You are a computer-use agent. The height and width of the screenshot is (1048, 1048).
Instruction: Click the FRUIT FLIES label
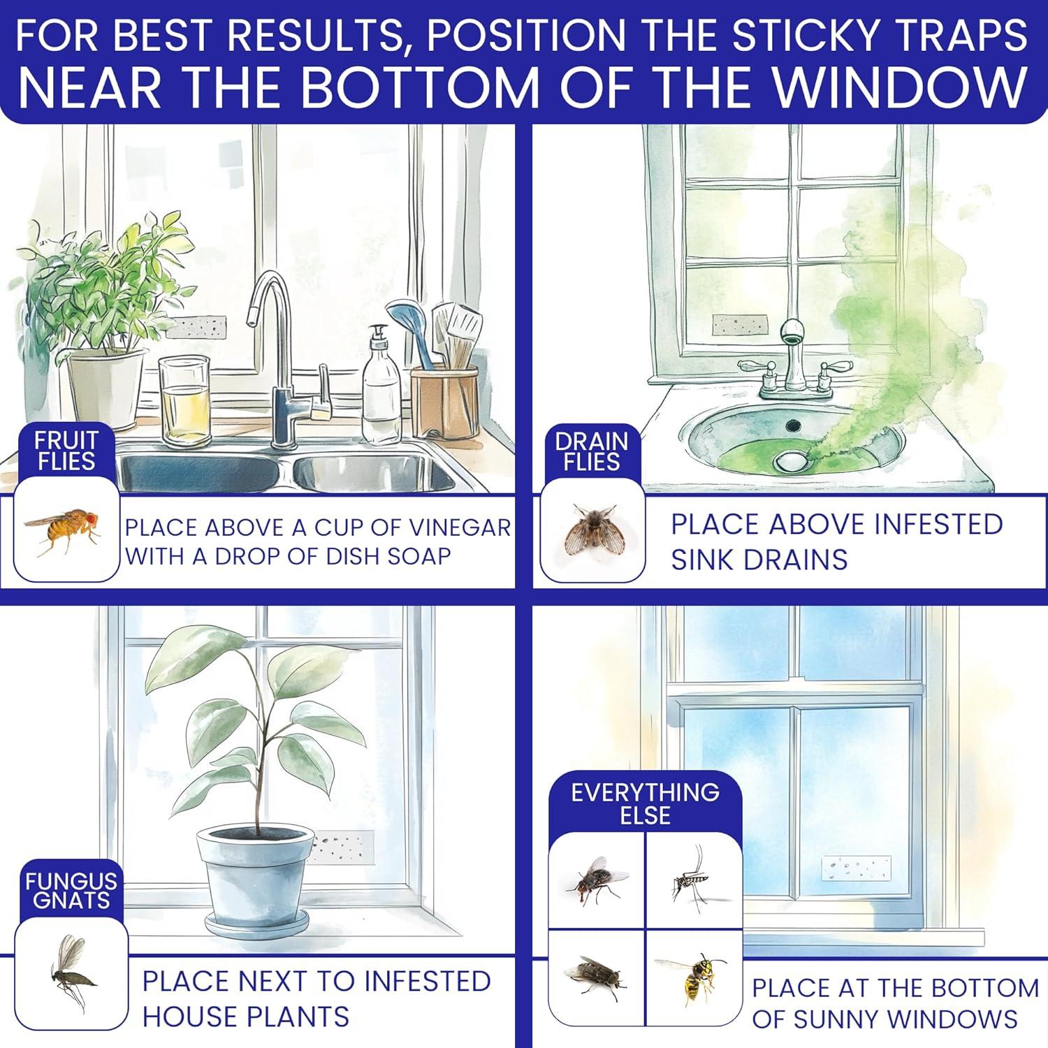point(66,451)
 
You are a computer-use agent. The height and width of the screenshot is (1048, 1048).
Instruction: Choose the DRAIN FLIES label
point(592,451)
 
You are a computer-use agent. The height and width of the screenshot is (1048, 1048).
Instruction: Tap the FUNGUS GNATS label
point(71,890)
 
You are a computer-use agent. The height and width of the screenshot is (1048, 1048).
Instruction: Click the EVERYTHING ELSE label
point(645,803)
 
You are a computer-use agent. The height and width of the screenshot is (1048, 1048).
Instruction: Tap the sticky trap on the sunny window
point(856,868)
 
